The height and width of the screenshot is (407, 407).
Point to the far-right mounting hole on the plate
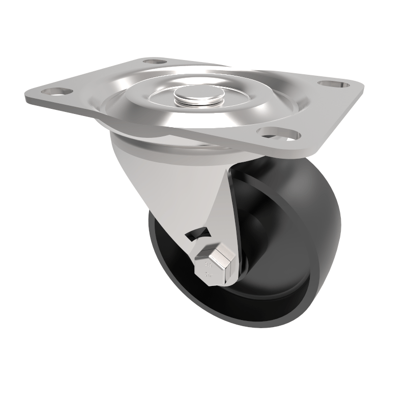[334, 83]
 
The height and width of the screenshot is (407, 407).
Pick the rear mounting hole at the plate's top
[155, 62]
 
